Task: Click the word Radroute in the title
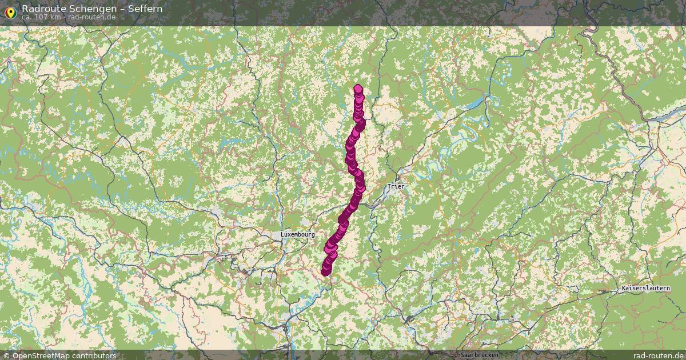(x=42, y=9)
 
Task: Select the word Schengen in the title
(x=86, y=9)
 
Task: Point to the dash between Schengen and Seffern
(x=117, y=9)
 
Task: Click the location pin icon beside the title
(x=10, y=11)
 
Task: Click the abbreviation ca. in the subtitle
(x=27, y=17)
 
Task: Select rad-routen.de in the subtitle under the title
(x=91, y=17)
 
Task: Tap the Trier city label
(x=395, y=186)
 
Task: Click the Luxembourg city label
(x=297, y=234)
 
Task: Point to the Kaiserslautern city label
(x=645, y=289)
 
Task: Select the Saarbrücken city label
(x=479, y=355)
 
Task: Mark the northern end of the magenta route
(x=358, y=89)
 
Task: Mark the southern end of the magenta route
(x=325, y=271)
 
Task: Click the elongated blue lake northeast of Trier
(x=474, y=105)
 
